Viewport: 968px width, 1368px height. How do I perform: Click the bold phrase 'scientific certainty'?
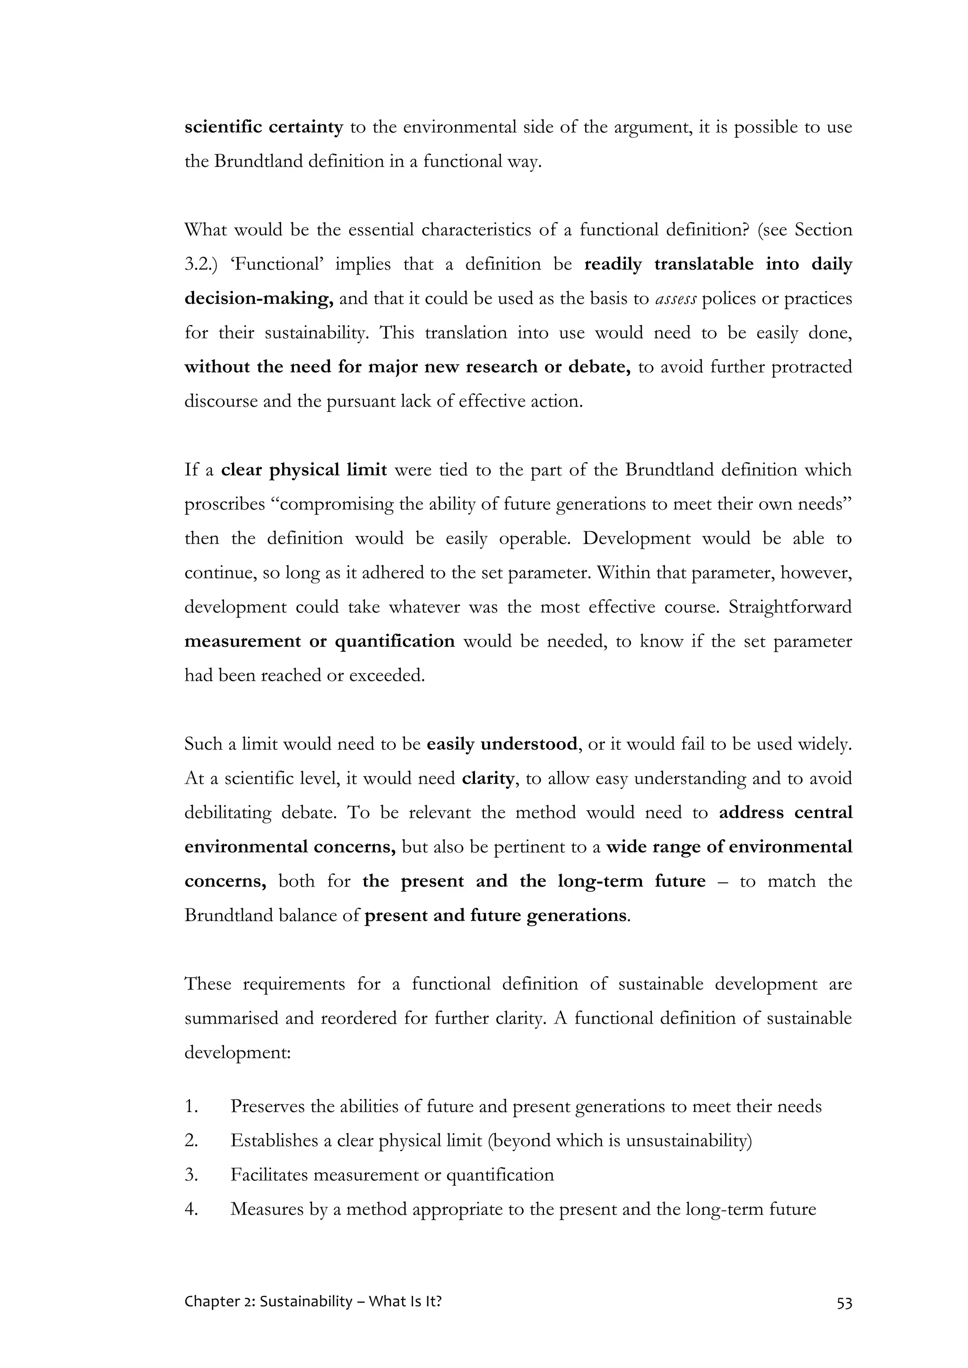point(263,128)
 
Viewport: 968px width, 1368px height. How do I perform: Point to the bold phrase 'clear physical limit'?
point(304,470)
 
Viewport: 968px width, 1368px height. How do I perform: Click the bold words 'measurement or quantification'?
point(320,641)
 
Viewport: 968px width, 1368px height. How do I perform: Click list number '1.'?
point(191,1106)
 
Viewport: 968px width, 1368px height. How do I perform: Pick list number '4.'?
point(191,1209)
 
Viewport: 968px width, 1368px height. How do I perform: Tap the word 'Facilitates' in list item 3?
point(269,1175)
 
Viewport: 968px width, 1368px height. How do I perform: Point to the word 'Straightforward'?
point(790,607)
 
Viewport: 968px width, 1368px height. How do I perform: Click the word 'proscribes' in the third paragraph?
point(224,504)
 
